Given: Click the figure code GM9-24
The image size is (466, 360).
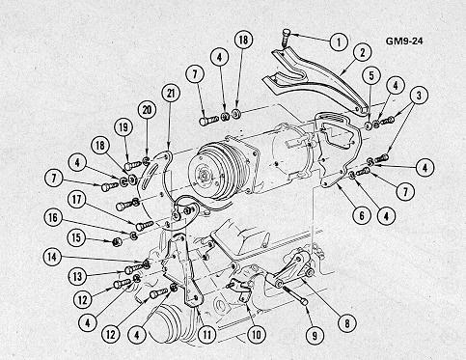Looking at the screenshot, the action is [404, 42].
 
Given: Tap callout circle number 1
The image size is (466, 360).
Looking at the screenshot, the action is [339, 42].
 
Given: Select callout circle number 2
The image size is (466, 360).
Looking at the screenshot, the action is [362, 52].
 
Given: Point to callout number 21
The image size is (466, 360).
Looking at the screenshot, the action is [171, 93].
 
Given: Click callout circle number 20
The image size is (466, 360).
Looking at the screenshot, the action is [147, 110].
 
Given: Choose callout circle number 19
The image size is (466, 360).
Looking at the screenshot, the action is [123, 127].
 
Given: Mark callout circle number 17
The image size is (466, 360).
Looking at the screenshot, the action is [76, 200].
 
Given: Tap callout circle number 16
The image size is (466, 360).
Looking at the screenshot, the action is [53, 218].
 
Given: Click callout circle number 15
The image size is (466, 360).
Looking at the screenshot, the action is [76, 237].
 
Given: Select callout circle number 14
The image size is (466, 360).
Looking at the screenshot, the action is [52, 257].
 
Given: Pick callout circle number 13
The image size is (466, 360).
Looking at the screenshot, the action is [77, 276].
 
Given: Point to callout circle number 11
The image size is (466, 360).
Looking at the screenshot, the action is [206, 335].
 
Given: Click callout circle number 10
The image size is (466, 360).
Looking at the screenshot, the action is [256, 335].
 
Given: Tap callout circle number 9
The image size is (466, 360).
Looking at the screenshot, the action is [315, 336].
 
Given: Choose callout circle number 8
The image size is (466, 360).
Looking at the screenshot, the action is [347, 323].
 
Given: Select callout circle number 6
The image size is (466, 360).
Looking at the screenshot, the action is [362, 215].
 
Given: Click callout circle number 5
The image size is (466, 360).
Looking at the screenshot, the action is [371, 76].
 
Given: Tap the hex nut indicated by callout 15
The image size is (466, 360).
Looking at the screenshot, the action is [117, 241].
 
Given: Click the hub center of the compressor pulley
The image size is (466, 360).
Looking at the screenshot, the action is [204, 176].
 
